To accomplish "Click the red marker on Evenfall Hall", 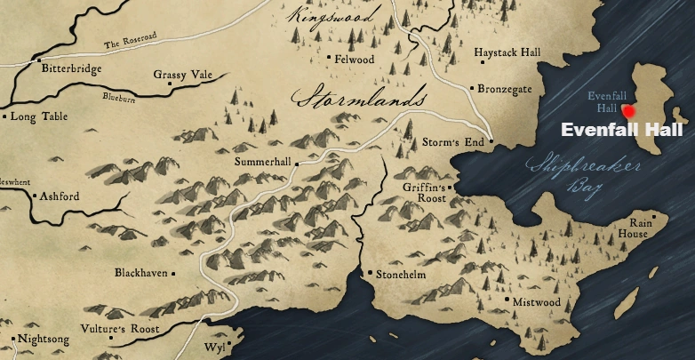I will point(629,111).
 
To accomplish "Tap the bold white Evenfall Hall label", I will point(621,131).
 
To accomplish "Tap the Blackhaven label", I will point(140,273).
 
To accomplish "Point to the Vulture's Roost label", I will point(122,329).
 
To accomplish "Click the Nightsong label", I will point(43,339).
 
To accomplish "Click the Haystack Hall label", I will point(507,53).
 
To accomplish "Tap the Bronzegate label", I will point(505,88).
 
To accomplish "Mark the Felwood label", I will point(355,60).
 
